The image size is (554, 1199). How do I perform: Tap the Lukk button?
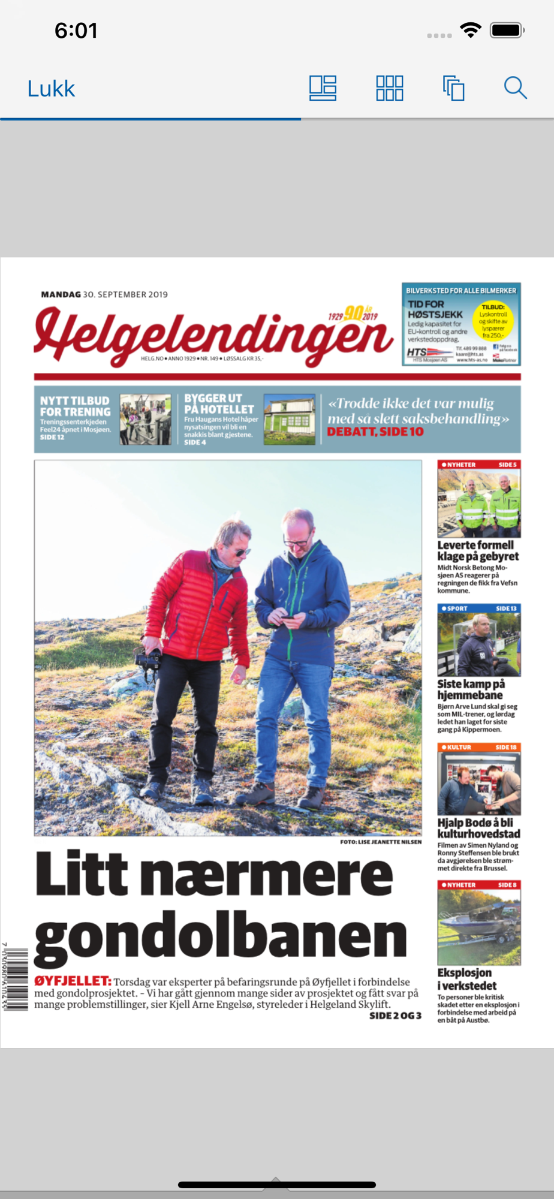pyautogui.click(x=51, y=89)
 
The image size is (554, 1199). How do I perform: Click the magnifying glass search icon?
pyautogui.click(x=515, y=88)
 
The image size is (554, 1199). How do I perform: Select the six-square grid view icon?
pyautogui.click(x=389, y=88)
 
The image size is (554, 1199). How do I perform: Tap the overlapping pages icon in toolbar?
pyautogui.click(x=453, y=88)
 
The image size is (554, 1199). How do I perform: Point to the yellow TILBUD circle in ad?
pyautogui.click(x=493, y=321)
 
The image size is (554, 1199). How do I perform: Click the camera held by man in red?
pyautogui.click(x=149, y=659)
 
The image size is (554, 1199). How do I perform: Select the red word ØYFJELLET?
pyautogui.click(x=73, y=981)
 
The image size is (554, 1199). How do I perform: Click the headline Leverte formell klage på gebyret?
pyautogui.click(x=478, y=550)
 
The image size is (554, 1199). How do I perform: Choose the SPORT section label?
pyautogui.click(x=457, y=608)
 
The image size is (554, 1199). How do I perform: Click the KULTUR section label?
pyautogui.click(x=459, y=748)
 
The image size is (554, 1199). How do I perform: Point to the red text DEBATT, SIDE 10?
pyautogui.click(x=375, y=432)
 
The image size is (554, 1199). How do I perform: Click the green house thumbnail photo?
pyautogui.click(x=289, y=419)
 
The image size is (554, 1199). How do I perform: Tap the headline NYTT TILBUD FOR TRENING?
pyautogui.click(x=76, y=406)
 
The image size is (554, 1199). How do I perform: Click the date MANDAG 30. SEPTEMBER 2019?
pyautogui.click(x=104, y=294)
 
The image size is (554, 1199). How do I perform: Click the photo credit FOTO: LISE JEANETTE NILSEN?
pyautogui.click(x=381, y=842)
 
